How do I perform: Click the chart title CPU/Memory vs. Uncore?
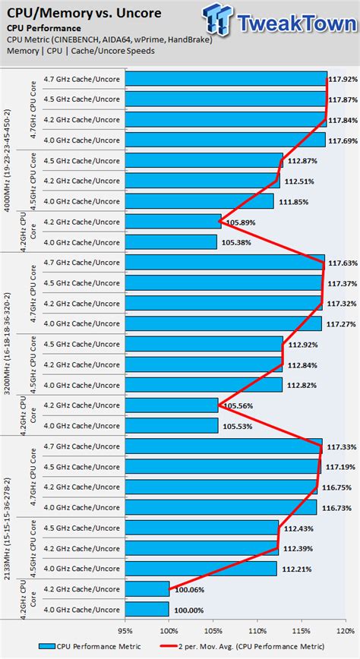click(x=71, y=13)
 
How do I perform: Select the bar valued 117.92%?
click(x=226, y=79)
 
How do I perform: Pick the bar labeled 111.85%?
click(x=199, y=201)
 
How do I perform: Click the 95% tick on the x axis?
click(x=125, y=629)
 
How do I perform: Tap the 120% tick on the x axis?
click(x=348, y=629)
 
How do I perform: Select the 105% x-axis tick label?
click(x=213, y=629)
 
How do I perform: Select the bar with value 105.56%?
click(x=172, y=405)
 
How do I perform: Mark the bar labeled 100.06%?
click(x=147, y=588)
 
